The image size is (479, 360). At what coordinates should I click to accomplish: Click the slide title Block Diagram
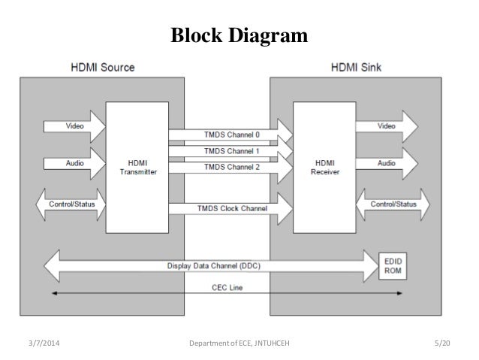[239, 35]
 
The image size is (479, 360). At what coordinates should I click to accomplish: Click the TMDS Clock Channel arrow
[229, 208]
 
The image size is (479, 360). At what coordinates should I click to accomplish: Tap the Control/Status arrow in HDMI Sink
[395, 203]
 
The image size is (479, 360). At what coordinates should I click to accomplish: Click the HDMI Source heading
[104, 68]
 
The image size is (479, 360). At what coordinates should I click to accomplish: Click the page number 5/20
[444, 343]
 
